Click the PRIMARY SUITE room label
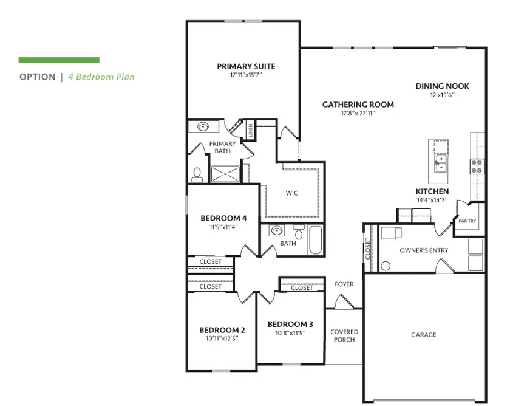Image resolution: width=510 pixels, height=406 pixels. (x=246, y=66)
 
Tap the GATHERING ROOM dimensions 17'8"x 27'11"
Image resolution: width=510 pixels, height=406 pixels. (x=358, y=113)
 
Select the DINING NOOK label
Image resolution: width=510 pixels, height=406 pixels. (x=442, y=86)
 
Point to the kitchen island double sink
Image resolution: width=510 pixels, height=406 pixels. (x=441, y=162)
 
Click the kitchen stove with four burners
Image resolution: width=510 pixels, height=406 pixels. (x=477, y=166)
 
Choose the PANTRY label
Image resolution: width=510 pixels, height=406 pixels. (x=467, y=221)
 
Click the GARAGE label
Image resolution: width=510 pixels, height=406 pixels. (x=423, y=335)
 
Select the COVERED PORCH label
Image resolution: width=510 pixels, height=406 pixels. (x=344, y=335)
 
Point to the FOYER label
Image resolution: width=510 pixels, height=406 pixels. (x=344, y=284)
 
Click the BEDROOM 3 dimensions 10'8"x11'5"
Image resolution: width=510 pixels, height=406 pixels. (x=290, y=333)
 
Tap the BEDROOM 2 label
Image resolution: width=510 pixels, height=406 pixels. (x=222, y=330)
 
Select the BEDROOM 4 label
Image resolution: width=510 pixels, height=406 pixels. (x=223, y=218)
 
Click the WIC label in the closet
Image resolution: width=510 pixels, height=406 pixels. (x=292, y=193)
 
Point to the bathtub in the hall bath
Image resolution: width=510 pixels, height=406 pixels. (x=316, y=241)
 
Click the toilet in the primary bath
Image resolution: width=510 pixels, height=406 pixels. (x=197, y=175)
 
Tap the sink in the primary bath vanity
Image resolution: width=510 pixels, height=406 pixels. (x=203, y=128)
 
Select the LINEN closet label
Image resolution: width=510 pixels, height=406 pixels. (x=250, y=130)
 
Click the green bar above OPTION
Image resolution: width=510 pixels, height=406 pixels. (x=59, y=60)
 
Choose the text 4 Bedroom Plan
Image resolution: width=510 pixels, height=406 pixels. (x=101, y=77)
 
